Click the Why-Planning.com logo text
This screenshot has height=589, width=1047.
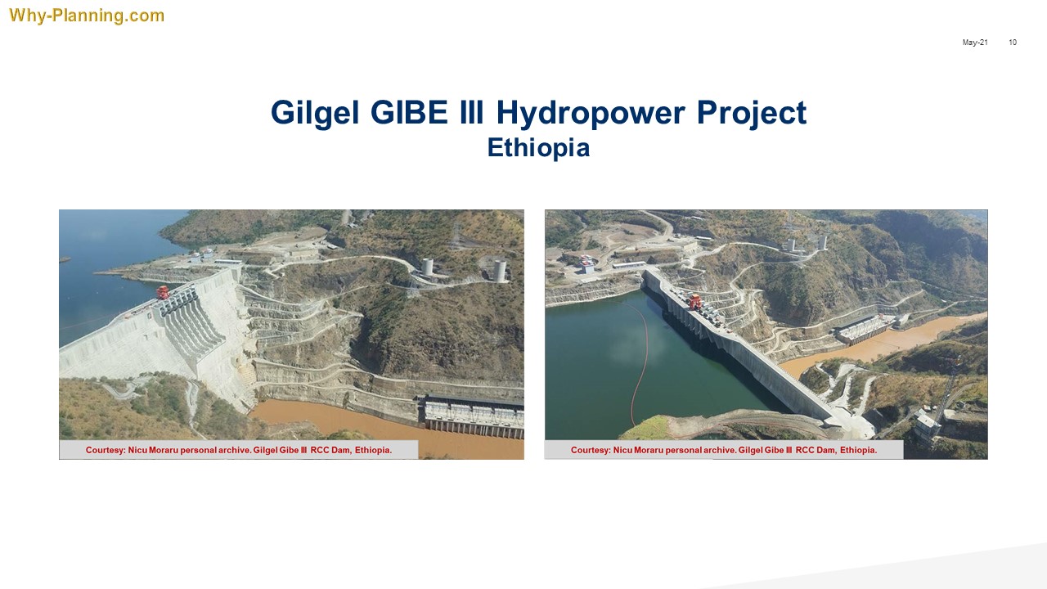click(x=87, y=16)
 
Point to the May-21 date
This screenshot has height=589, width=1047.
click(x=975, y=42)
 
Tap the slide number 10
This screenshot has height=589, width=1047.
click(x=1013, y=42)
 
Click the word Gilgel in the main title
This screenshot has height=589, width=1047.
click(x=315, y=114)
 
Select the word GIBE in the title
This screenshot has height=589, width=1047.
click(x=409, y=112)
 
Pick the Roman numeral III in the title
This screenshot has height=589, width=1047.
click(x=471, y=112)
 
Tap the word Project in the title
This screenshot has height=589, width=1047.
click(x=752, y=114)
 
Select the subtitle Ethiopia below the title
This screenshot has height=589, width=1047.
click(x=538, y=148)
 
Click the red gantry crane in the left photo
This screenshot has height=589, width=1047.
click(x=163, y=293)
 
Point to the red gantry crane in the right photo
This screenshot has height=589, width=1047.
click(x=694, y=302)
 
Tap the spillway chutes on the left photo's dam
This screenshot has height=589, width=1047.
click(x=192, y=318)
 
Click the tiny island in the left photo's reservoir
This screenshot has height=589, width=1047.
click(x=65, y=259)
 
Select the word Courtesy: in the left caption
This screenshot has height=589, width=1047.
click(x=106, y=450)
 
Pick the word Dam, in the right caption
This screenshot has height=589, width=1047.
click(x=826, y=450)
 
